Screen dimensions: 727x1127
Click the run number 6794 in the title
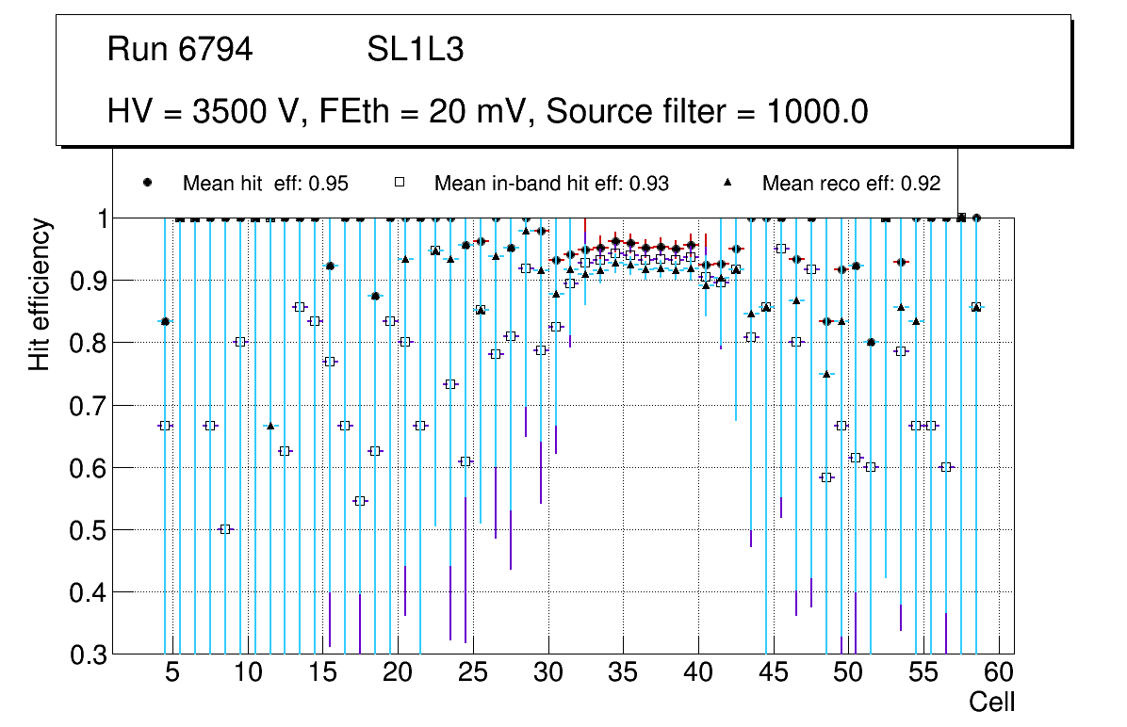[217, 50]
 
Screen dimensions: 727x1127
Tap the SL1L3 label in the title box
[415, 50]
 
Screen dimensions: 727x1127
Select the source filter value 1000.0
[817, 112]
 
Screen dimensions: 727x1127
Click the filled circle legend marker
[147, 183]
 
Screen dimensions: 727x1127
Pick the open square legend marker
[399, 183]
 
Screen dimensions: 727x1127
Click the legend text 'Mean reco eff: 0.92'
[851, 184]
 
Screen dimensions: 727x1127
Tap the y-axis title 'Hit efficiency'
[40, 294]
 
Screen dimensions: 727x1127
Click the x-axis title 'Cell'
[992, 703]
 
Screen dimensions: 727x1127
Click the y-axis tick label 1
[98, 219]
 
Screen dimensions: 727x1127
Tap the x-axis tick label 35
[623, 674]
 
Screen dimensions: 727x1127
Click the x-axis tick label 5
[171, 674]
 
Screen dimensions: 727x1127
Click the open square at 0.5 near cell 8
[224, 529]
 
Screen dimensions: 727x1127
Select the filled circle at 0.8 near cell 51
[871, 343]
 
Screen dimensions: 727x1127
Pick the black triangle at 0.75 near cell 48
[826, 374]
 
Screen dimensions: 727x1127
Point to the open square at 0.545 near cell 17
[359, 501]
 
